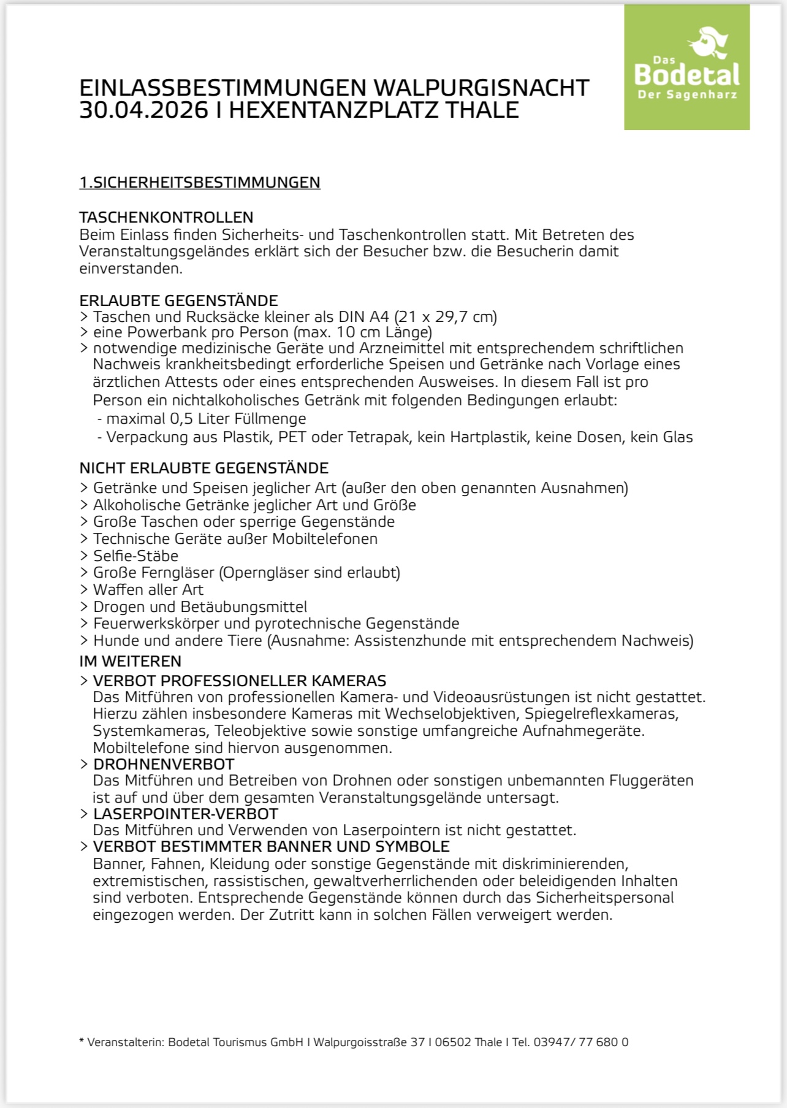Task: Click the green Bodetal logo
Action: (686, 67)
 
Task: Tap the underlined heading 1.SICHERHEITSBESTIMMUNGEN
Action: (200, 183)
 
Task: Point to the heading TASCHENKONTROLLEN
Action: (166, 217)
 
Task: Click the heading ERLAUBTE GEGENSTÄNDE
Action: (178, 300)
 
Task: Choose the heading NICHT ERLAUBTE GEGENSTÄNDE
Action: (203, 468)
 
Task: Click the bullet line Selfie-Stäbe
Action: (135, 556)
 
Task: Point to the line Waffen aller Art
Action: (148, 590)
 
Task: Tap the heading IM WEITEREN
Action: (130, 662)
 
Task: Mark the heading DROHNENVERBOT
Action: (164, 765)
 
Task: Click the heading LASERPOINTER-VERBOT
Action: (186, 814)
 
